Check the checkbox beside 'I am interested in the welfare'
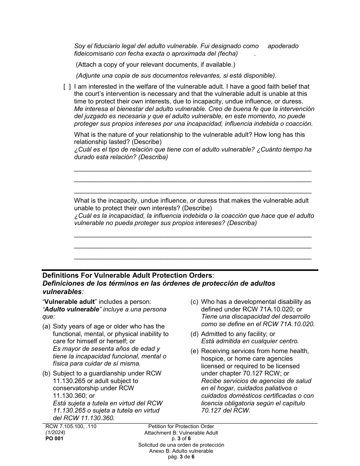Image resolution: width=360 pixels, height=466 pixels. (67, 87)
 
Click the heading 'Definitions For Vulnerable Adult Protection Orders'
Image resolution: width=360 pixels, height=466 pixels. (127, 275)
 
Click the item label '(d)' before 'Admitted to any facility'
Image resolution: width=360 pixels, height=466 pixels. (194, 334)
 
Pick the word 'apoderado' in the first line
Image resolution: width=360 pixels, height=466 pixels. (283, 46)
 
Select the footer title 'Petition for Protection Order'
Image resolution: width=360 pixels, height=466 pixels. (181, 426)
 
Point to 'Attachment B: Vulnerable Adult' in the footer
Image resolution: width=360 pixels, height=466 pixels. (181, 433)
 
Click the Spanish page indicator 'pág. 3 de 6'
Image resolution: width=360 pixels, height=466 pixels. (181, 457)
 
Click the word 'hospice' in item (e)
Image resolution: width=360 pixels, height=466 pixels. (213, 358)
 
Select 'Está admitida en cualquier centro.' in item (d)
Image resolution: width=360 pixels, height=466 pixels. (250, 341)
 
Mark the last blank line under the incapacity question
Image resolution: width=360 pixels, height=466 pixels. (193, 259)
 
